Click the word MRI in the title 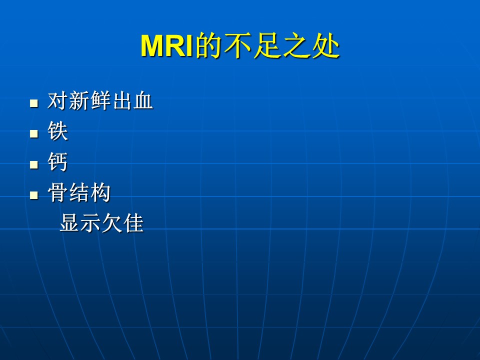coord(167,46)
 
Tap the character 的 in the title coord(208,45)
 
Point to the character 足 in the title coord(267,45)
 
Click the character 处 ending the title coord(326,45)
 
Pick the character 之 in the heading coord(296,45)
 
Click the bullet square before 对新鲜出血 coord(34,103)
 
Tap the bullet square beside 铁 coord(34,134)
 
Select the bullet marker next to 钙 coord(34,164)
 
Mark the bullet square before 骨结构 coord(34,195)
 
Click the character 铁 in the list coord(57,131)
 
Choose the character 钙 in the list coord(57,161)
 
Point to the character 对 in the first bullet coord(57,100)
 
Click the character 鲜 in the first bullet coord(100,100)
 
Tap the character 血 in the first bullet coord(143,100)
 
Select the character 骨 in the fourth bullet coord(57,192)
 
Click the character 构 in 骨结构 coord(100,192)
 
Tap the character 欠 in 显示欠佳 coord(112,222)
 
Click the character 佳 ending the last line coord(133,222)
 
